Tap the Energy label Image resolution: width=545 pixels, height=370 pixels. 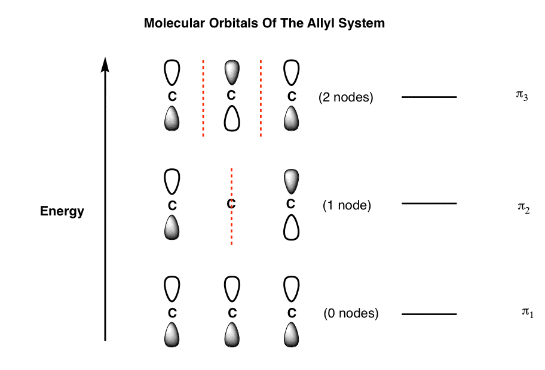tap(62, 211)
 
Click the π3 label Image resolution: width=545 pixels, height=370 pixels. tap(522, 95)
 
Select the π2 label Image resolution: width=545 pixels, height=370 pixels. tap(523, 208)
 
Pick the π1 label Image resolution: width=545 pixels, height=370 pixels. tap(527, 312)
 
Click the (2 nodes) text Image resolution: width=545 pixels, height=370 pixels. tap(346, 97)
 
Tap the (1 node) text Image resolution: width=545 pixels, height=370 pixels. tap(347, 205)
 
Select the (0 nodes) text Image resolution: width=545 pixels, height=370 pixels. tap(351, 313)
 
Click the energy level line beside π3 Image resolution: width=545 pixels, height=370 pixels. tap(429, 97)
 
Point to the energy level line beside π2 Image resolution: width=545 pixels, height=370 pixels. tap(429, 203)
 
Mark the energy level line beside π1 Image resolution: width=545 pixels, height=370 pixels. tap(429, 314)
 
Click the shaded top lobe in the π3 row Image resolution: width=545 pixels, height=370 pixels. tap(232, 72)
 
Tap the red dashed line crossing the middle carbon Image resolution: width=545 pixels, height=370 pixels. tap(231, 206)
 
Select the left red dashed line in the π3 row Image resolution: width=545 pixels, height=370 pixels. tap(203, 98)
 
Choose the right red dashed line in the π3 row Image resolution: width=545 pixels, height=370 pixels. tap(261, 98)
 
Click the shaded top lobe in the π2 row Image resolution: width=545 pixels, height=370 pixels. tap(291, 181)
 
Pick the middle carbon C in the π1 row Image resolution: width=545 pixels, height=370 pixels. tap(232, 313)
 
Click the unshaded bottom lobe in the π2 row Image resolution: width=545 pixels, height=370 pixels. tap(291, 228)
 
